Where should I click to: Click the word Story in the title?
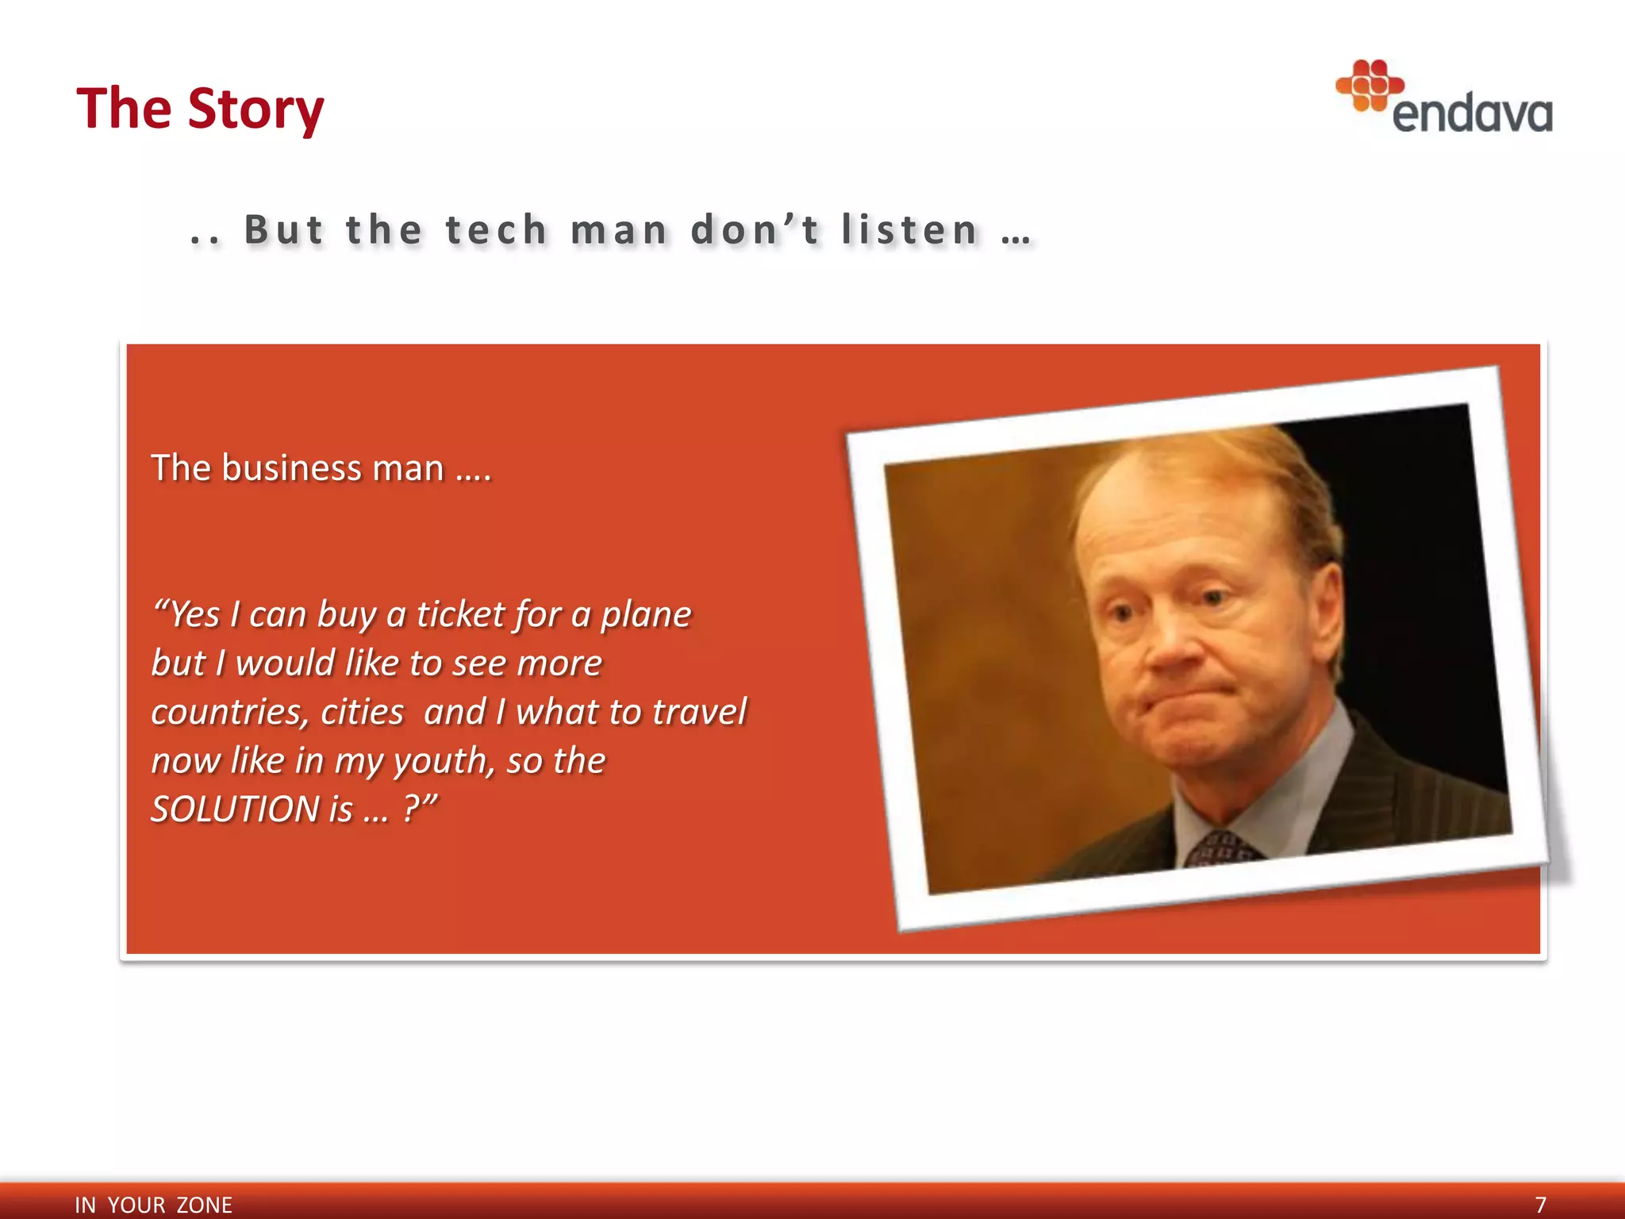(x=255, y=109)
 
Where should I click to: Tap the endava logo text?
(x=1472, y=114)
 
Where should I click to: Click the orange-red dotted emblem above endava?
(x=1369, y=84)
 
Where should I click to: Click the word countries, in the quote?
(x=229, y=713)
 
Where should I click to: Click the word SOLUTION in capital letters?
(x=235, y=810)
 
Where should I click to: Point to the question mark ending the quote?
(x=411, y=809)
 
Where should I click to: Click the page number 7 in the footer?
(x=1540, y=1205)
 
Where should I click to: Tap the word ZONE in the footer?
(x=204, y=1205)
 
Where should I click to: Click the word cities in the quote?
(x=363, y=713)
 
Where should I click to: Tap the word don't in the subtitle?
(x=755, y=230)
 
